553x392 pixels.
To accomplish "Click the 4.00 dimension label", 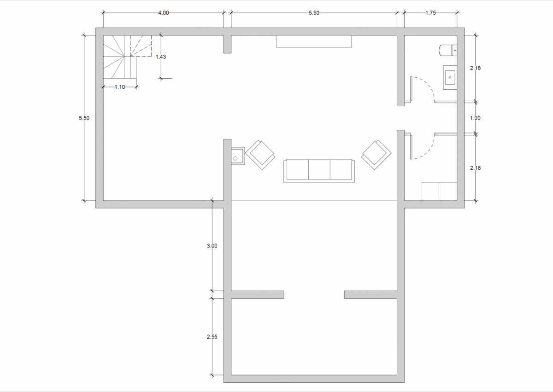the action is (164, 13).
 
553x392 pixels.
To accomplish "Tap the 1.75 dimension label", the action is (430, 13).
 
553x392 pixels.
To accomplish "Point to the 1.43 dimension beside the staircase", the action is (161, 57).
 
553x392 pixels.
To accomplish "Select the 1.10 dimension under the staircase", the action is (120, 87).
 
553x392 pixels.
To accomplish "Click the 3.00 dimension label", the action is (212, 246).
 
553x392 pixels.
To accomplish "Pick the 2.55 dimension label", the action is (212, 337).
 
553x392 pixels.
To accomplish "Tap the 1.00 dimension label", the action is (475, 118).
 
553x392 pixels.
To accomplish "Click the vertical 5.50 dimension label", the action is (84, 118).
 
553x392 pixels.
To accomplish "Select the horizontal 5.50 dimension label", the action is (314, 13).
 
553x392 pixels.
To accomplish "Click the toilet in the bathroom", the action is (448, 50).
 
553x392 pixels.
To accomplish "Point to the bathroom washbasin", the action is (450, 77).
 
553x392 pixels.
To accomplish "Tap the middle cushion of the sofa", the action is (319, 170).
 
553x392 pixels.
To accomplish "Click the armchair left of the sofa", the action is (260, 155).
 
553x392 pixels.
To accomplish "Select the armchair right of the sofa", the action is (376, 155).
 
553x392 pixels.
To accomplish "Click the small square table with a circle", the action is (238, 156).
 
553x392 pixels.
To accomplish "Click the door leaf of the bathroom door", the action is (411, 90).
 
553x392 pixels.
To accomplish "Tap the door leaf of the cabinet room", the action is (411, 146).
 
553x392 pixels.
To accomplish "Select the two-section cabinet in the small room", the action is (439, 191).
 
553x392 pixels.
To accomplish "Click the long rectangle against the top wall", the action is (314, 41).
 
